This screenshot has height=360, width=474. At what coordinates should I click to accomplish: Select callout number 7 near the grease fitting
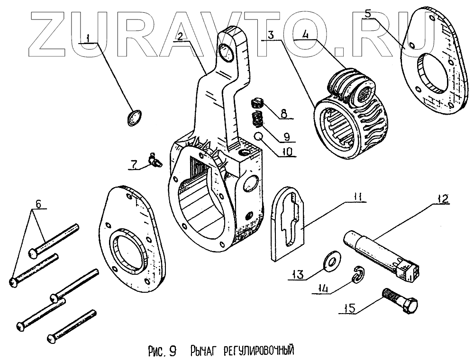[134, 164]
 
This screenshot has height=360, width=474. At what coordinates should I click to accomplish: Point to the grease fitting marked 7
[154, 160]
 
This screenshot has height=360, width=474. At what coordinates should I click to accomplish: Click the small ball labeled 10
[259, 137]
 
